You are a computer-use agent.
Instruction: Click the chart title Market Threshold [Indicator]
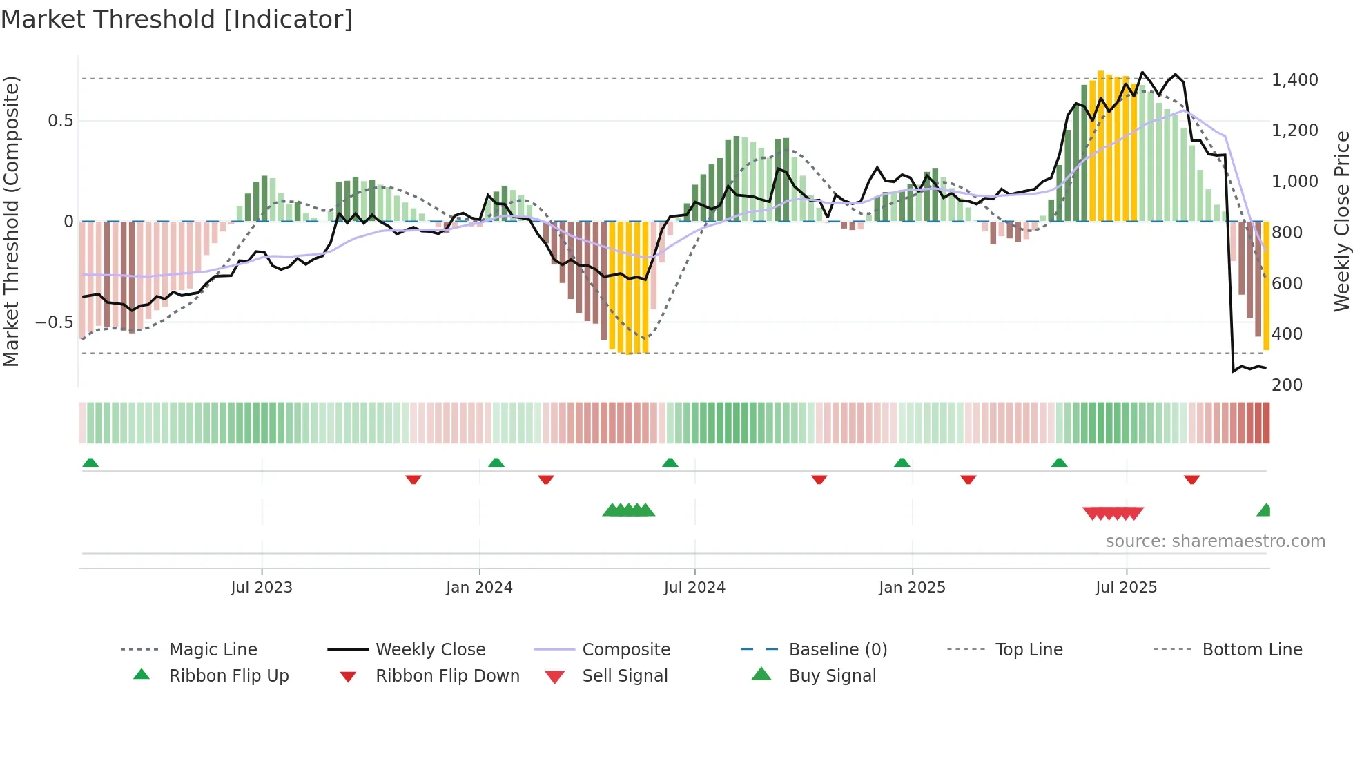pyautogui.click(x=177, y=19)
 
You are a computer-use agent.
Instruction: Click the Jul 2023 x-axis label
pyautogui.click(x=262, y=588)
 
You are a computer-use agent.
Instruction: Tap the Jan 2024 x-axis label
pyautogui.click(x=479, y=588)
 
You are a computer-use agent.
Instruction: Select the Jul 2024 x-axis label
pyautogui.click(x=694, y=588)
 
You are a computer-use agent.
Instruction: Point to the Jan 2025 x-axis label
pyautogui.click(x=912, y=588)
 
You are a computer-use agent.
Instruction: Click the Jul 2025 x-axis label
pyautogui.click(x=1126, y=588)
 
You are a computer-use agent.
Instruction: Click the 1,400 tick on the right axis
pyautogui.click(x=1295, y=80)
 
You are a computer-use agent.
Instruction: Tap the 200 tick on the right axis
pyautogui.click(x=1287, y=385)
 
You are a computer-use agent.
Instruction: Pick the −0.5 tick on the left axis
pyautogui.click(x=54, y=322)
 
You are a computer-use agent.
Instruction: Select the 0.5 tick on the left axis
pyautogui.click(x=60, y=121)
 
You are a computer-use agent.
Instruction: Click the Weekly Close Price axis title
pyautogui.click(x=1341, y=221)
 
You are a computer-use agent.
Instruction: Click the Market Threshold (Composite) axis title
pyautogui.click(x=11, y=221)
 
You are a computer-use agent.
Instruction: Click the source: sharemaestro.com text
pyautogui.click(x=1215, y=541)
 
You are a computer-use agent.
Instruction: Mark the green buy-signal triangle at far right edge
pyautogui.click(x=1264, y=511)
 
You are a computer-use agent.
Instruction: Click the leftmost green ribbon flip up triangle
pyautogui.click(x=90, y=463)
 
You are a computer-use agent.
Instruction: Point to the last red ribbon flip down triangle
pyautogui.click(x=1191, y=479)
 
